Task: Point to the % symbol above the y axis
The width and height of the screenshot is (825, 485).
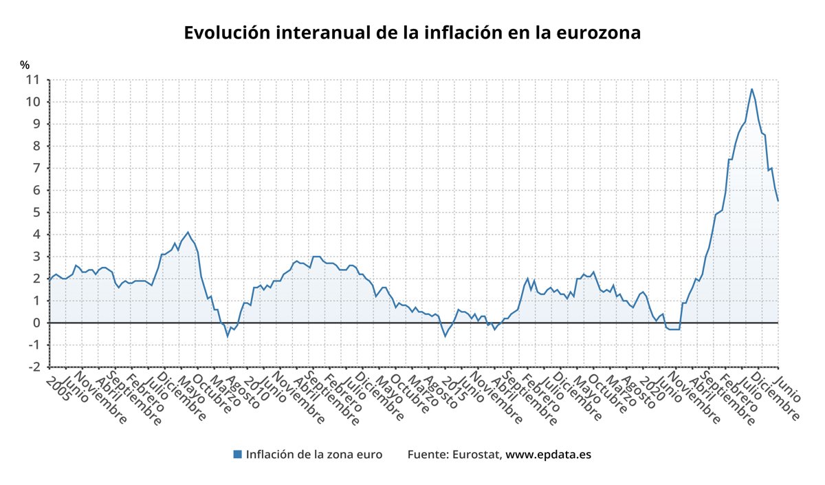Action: click(25, 65)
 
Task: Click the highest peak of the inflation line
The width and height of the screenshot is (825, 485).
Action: click(751, 89)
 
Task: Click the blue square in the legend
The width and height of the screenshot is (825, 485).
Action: click(237, 454)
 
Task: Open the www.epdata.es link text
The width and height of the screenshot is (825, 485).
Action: click(549, 454)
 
